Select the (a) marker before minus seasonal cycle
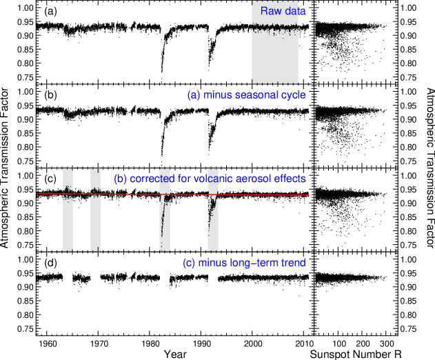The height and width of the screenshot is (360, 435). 194,95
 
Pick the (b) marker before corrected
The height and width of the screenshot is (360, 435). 120,179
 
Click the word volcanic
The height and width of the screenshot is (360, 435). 205,179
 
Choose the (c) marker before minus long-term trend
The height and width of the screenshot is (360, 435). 189,263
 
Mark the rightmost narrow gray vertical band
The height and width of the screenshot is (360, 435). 213,231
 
